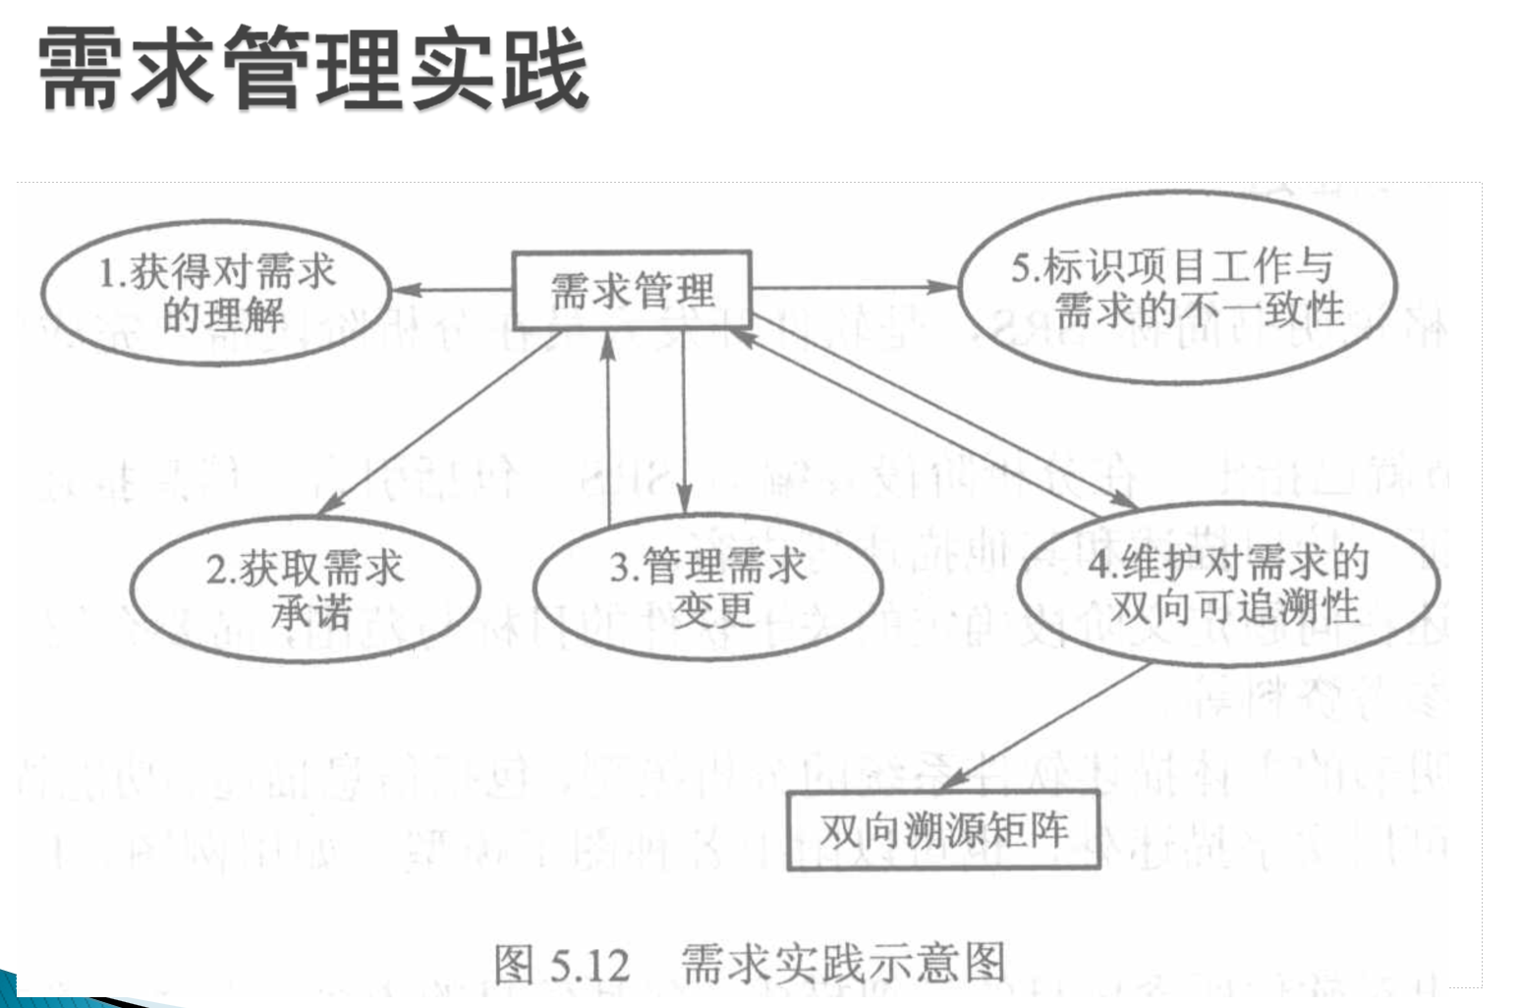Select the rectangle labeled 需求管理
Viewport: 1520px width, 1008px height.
[632, 290]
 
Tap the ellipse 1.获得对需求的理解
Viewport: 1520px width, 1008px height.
[216, 293]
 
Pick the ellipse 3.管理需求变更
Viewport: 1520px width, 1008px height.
[707, 588]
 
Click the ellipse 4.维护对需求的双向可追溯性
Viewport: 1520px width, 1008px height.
[1228, 586]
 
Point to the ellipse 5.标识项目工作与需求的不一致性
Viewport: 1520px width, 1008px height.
[1177, 287]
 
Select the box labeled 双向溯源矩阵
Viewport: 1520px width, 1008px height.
[943, 831]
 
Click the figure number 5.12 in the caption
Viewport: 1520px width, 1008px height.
[590, 965]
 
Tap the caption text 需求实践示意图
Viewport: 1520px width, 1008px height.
[843, 963]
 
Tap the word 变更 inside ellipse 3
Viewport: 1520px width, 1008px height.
[713, 610]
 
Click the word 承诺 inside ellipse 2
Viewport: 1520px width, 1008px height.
[310, 613]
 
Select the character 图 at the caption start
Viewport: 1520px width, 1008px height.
[514, 964]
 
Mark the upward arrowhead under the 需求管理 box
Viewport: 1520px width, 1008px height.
[608, 344]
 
